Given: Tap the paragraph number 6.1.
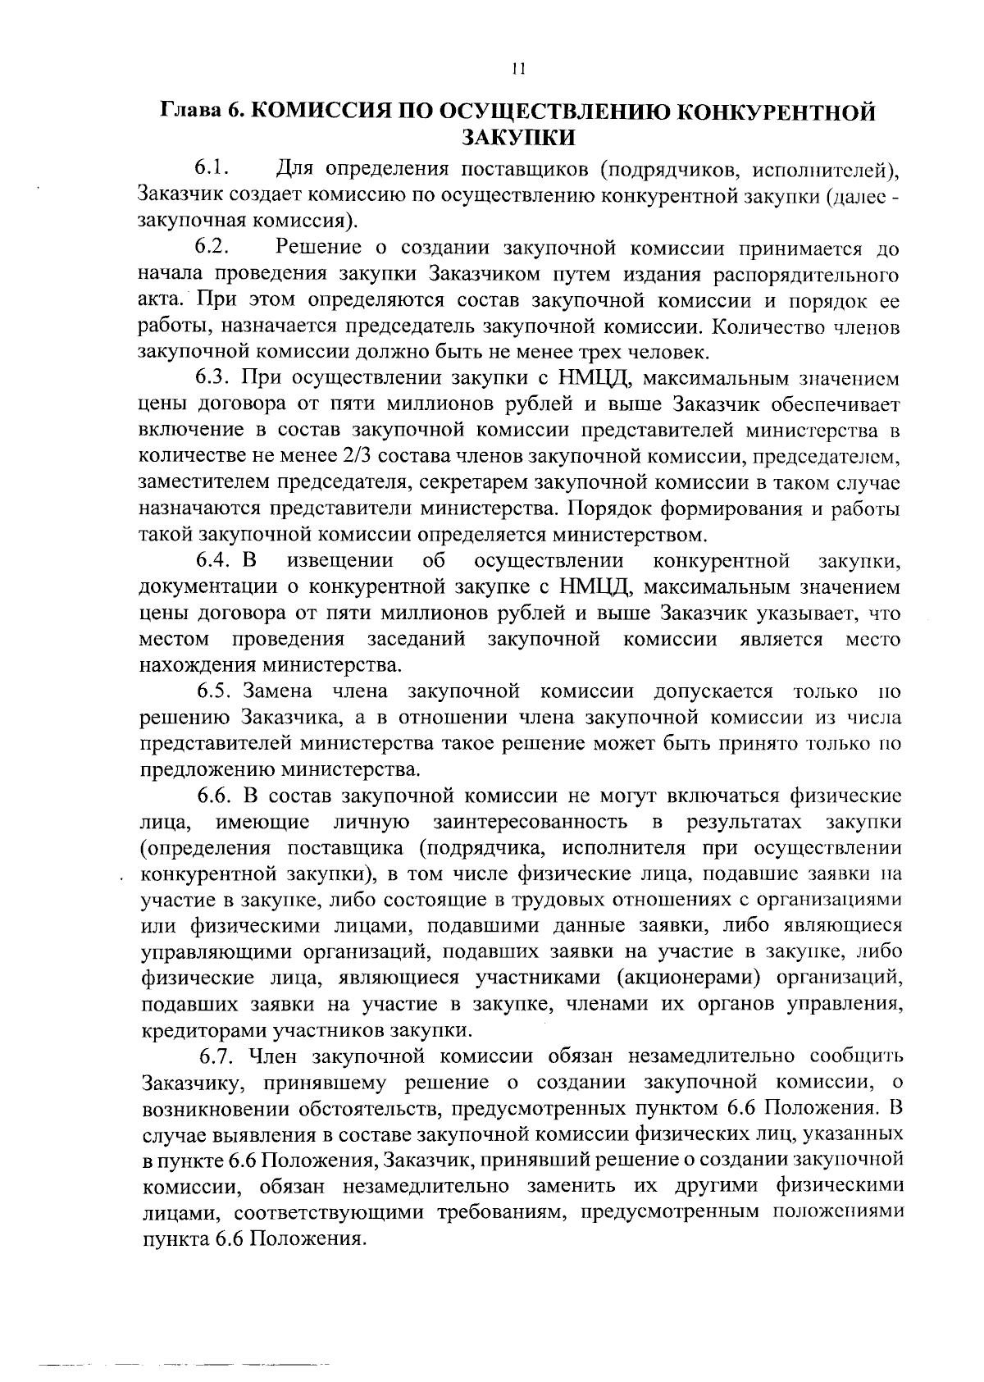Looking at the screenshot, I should pos(211,170).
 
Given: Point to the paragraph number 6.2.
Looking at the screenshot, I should pos(211,247).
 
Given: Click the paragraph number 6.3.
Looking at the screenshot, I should pos(216,378).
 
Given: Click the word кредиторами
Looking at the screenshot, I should pos(194,1030).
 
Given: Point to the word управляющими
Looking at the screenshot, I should pos(214,952).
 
